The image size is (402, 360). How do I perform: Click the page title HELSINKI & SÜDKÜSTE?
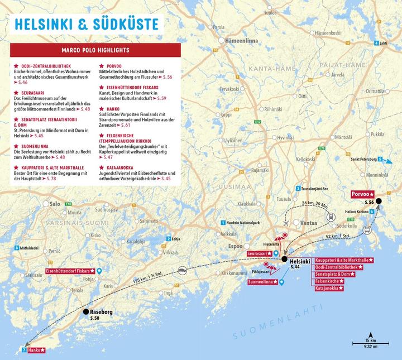point(86,24)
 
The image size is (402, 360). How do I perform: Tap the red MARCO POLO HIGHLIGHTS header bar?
point(95,50)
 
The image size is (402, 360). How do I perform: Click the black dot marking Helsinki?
point(284,260)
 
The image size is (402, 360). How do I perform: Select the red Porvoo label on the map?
point(362,194)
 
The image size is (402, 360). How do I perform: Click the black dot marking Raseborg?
point(86,313)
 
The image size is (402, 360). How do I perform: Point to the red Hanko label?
point(36,350)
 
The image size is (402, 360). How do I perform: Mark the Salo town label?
point(54,204)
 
